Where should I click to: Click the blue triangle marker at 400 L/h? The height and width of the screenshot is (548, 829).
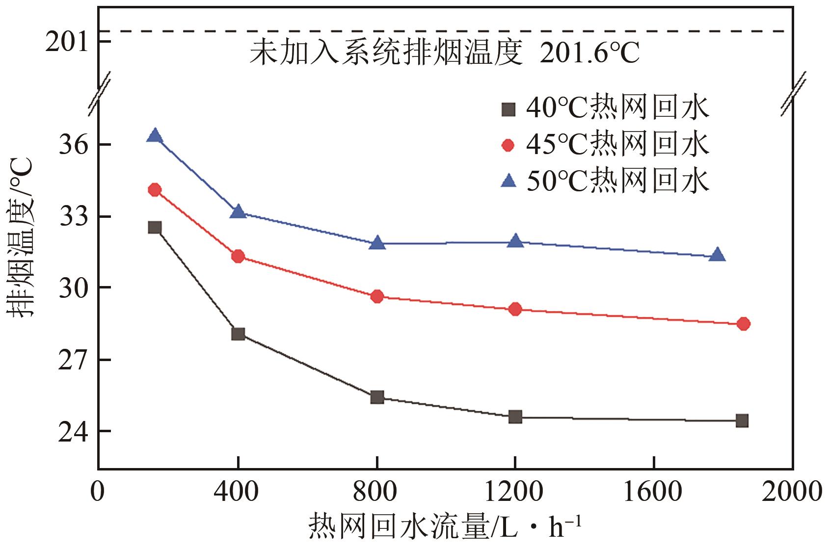click(x=239, y=212)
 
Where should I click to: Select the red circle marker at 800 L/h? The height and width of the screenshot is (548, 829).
click(x=377, y=296)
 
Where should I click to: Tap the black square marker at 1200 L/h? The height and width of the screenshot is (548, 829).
click(x=515, y=417)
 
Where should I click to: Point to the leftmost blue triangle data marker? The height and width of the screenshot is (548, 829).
click(x=155, y=135)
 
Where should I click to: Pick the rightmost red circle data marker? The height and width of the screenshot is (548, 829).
click(x=743, y=324)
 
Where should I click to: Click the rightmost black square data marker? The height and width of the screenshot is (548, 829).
click(x=742, y=420)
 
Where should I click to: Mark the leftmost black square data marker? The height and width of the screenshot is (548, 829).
click(x=155, y=227)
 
